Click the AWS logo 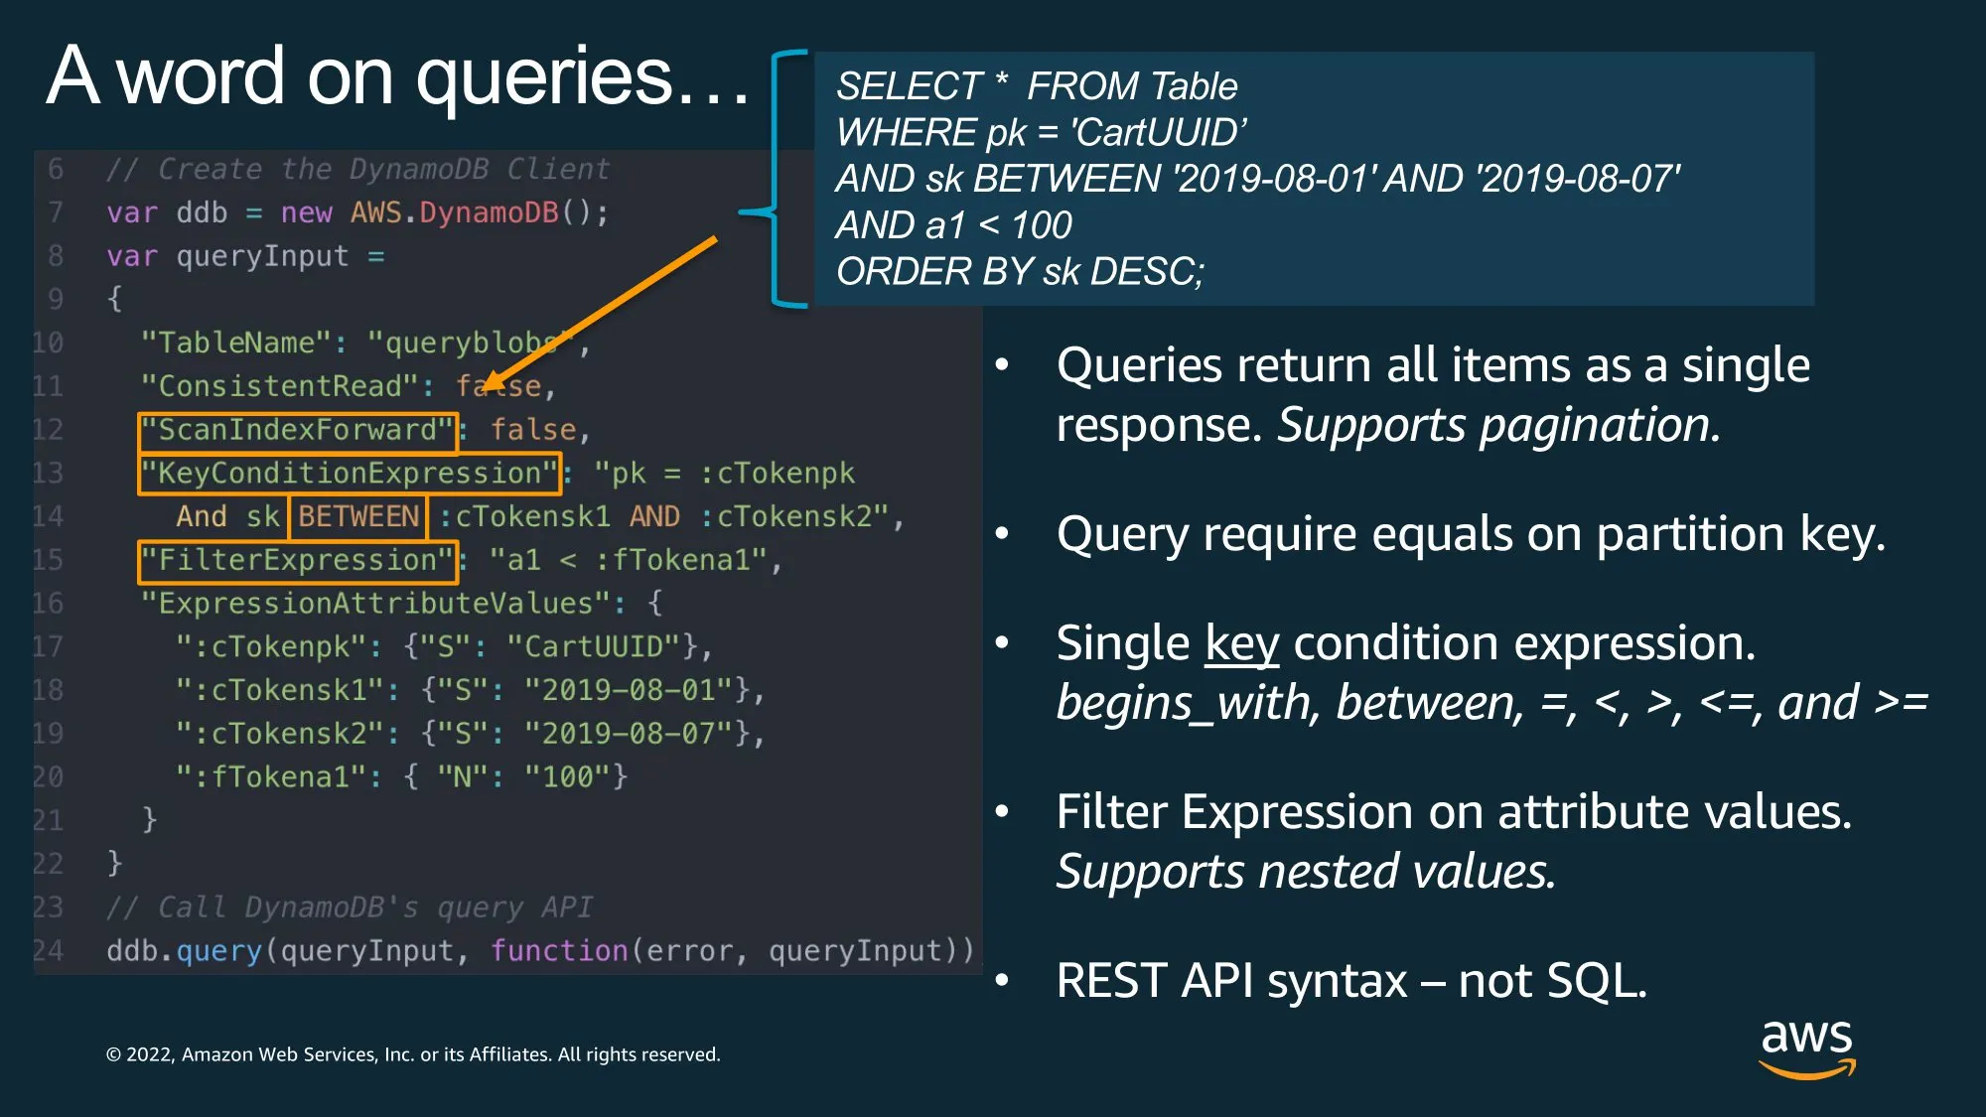1806,1047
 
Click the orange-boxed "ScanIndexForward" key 298,431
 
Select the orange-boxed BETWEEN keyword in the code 357,517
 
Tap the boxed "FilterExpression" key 298,561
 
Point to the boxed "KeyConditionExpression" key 350,474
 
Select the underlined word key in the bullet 1241,644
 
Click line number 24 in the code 47,951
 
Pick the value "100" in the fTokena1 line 568,777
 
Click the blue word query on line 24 218,952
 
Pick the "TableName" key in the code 236,344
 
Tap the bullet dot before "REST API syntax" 1002,981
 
